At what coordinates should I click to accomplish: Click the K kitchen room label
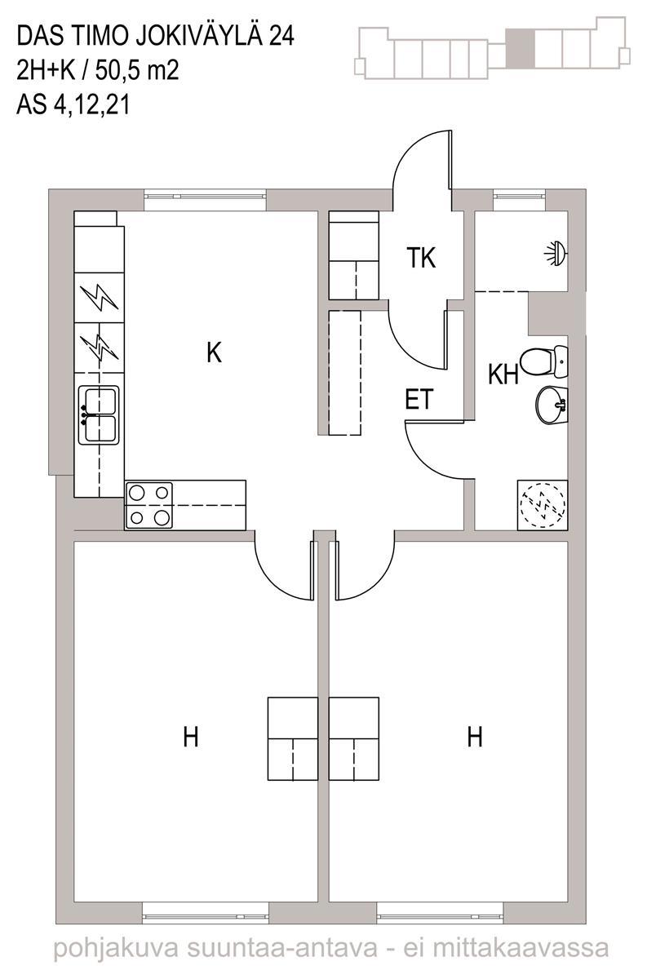[214, 352]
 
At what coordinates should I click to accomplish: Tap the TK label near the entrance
[422, 259]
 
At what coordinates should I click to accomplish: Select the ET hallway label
[419, 400]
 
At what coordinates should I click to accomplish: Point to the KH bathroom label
[504, 374]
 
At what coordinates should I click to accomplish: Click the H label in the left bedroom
[191, 738]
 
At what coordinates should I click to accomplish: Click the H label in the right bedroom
[475, 738]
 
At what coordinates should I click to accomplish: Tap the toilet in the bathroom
[545, 359]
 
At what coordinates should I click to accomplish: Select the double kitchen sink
[99, 415]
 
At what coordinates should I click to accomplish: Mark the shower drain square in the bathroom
[542, 505]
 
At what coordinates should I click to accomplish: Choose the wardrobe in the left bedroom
[292, 738]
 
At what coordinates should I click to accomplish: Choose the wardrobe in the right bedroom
[354, 738]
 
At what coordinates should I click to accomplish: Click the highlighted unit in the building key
[520, 47]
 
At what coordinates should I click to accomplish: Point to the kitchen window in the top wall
[205, 196]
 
